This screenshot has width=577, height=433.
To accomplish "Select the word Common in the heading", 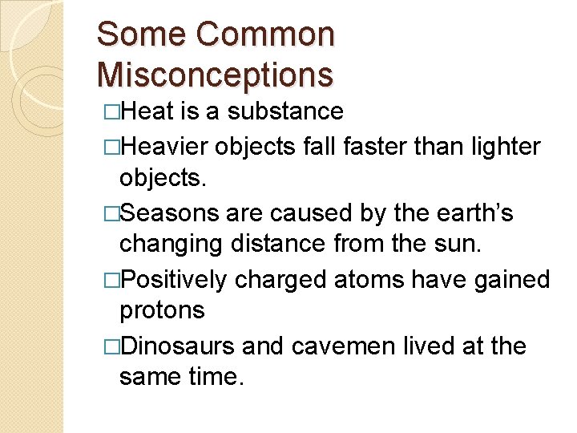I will (264, 34).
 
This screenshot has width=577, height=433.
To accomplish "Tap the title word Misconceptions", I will (215, 75).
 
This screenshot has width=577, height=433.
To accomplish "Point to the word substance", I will (285, 111).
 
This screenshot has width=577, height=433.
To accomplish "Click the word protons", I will (162, 310).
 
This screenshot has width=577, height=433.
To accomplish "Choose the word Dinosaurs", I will (177, 346).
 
